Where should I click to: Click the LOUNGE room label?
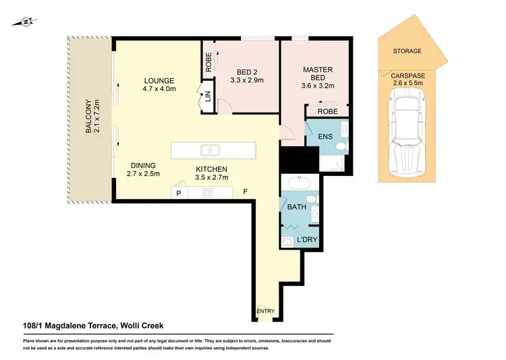tap(159, 80)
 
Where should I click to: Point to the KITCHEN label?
tap(211, 169)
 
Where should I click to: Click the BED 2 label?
tap(248, 72)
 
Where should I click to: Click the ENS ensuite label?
tap(326, 137)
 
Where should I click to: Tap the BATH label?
tap(297, 207)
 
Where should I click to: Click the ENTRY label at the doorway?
tap(266, 311)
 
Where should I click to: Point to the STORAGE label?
tap(407, 51)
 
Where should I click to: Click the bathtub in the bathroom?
tap(298, 182)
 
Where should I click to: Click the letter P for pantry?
tap(179, 193)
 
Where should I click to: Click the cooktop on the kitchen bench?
tap(208, 193)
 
